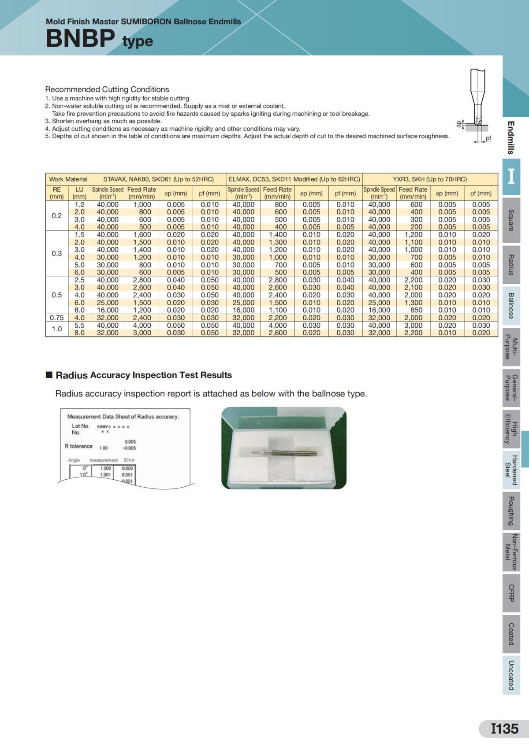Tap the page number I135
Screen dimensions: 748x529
coord(505,729)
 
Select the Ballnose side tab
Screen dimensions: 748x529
coord(511,305)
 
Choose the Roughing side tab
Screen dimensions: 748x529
coord(511,511)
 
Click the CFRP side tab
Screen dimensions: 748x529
coord(511,593)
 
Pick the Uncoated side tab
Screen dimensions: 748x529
coord(511,675)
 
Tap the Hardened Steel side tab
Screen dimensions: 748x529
coord(511,470)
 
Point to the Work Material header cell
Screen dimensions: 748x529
coord(68,179)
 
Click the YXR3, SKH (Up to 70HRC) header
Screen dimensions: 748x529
coord(430,179)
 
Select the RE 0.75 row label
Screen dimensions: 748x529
coord(57,318)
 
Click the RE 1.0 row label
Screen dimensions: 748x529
coord(57,329)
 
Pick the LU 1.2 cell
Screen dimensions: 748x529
coord(79,204)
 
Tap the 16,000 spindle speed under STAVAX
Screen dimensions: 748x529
coord(108,310)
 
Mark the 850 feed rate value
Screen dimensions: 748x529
coord(416,310)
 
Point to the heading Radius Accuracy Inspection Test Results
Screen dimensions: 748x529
coord(144,375)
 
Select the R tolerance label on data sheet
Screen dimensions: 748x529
coord(78,446)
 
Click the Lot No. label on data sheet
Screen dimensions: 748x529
coord(81,426)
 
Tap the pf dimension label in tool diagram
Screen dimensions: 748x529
coord(488,138)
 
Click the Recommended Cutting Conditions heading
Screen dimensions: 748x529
coord(107,89)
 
